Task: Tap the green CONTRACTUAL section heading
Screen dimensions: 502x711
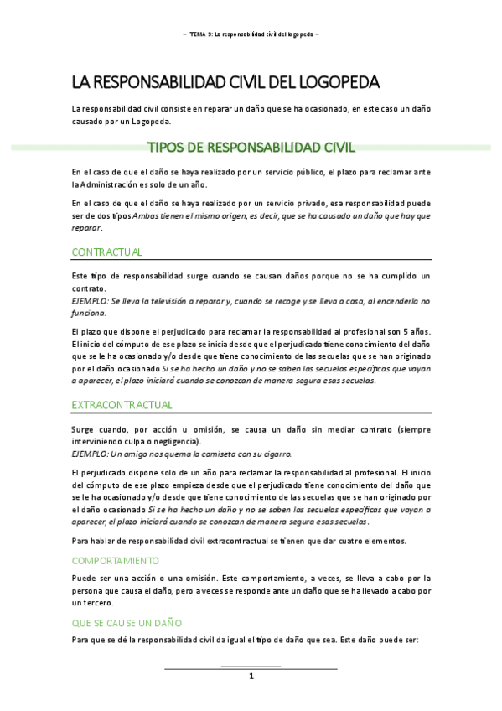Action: (x=106, y=252)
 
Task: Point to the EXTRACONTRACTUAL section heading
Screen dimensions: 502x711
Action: (x=122, y=405)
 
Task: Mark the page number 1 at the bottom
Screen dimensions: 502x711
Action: (x=251, y=677)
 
